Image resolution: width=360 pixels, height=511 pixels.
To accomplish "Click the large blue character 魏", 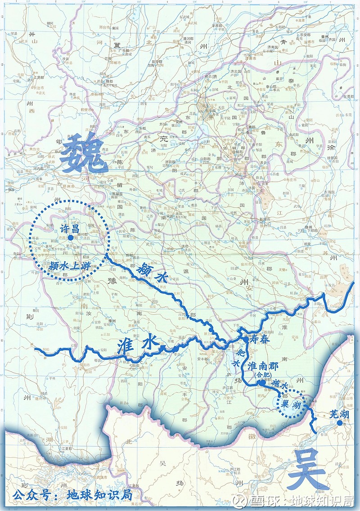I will point(81,155).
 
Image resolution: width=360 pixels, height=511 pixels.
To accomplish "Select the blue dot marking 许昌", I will point(70,237).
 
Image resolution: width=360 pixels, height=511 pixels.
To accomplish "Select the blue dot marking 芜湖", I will point(346,423).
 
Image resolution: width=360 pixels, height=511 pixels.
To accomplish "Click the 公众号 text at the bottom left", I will point(31,495).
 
